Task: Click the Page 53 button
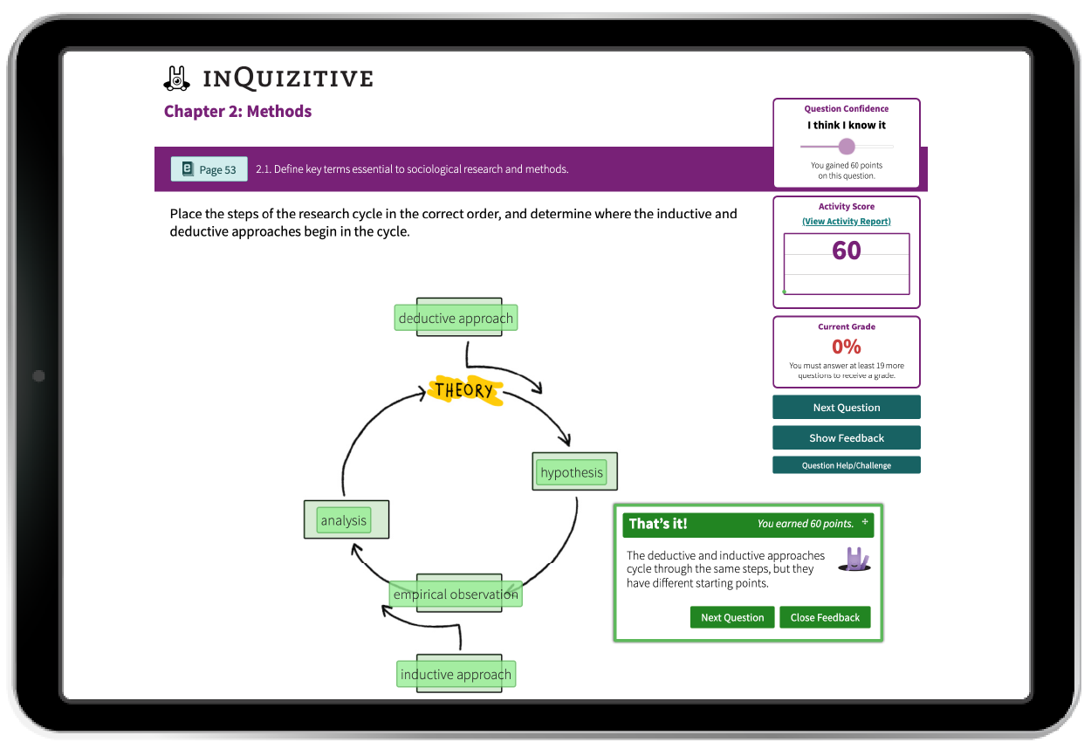pyautogui.click(x=209, y=169)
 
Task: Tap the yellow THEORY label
pyautogui.click(x=464, y=390)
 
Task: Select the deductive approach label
pyautogui.click(x=456, y=319)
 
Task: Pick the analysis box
pyautogui.click(x=344, y=520)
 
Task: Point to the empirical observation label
pyautogui.click(x=456, y=594)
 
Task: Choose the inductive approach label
pyautogui.click(x=456, y=674)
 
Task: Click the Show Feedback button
pyautogui.click(x=846, y=438)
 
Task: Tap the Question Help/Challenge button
pyautogui.click(x=846, y=465)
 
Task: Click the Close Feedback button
pyautogui.click(x=825, y=617)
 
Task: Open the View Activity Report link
pyautogui.click(x=846, y=222)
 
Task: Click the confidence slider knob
pyautogui.click(x=846, y=147)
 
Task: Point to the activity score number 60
pyautogui.click(x=846, y=251)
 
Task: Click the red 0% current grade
pyautogui.click(x=846, y=347)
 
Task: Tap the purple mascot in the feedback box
pyautogui.click(x=854, y=559)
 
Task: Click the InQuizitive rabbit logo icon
pyautogui.click(x=177, y=79)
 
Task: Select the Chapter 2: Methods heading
pyautogui.click(x=237, y=112)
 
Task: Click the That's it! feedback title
pyautogui.click(x=658, y=524)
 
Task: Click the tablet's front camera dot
pyautogui.click(x=38, y=376)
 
